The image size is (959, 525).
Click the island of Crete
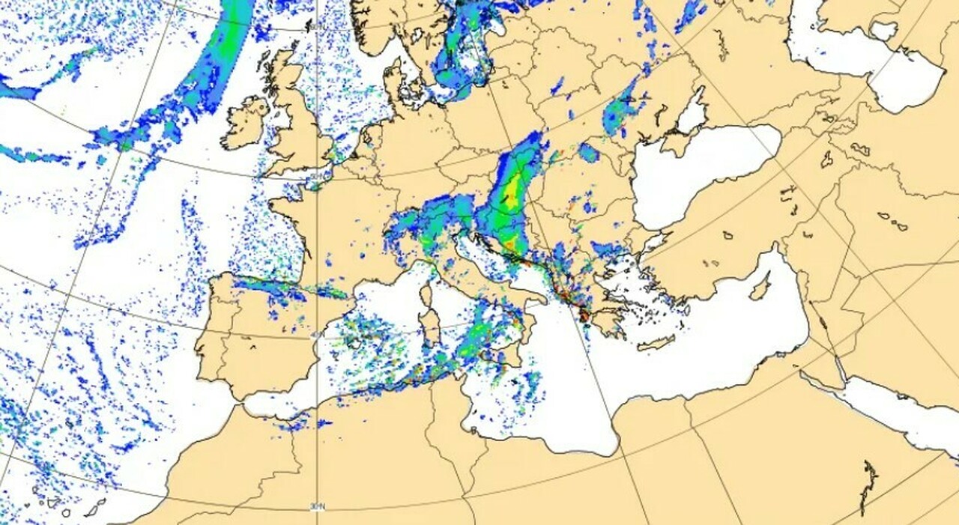coord(656,343)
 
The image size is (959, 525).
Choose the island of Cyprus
coord(761,287)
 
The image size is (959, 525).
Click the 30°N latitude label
coord(318,507)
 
